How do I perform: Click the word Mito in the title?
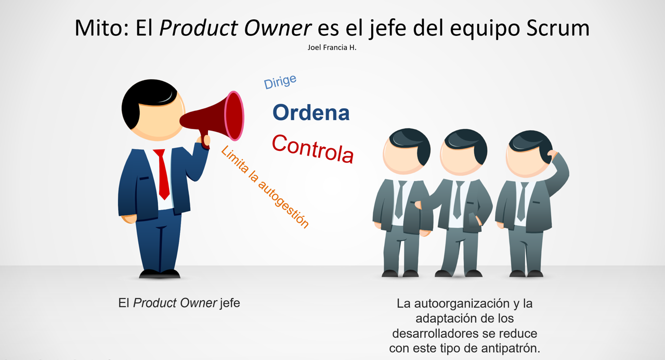click(x=101, y=28)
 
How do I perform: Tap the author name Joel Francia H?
click(x=332, y=47)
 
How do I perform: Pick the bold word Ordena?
click(x=311, y=112)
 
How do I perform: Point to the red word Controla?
click(x=313, y=148)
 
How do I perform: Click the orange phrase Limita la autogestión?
click(x=265, y=187)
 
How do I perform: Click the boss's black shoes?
click(x=160, y=274)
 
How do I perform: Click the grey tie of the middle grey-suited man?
click(x=458, y=200)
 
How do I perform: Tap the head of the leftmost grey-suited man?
click(x=406, y=151)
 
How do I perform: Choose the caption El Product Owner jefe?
click(x=179, y=303)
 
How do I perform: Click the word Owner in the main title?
click(x=278, y=28)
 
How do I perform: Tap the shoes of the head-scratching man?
click(x=526, y=274)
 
